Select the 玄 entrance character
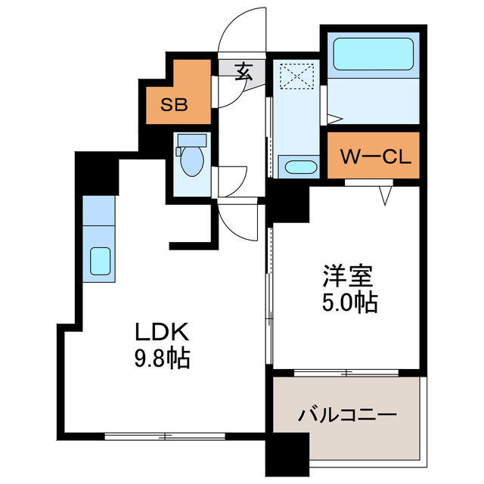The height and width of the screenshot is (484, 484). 244,72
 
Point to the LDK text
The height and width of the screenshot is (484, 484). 156,332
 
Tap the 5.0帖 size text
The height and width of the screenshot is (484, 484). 346,302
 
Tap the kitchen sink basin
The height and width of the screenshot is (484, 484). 100,262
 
